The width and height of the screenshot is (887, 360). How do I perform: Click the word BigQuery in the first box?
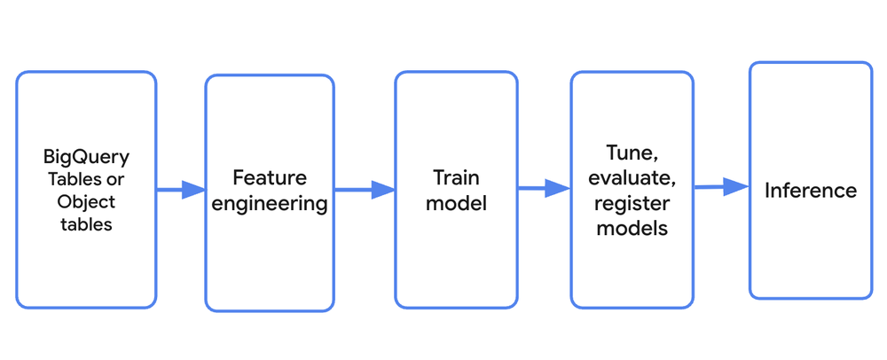[x=86, y=157]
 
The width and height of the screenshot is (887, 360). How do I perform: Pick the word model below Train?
[x=456, y=203]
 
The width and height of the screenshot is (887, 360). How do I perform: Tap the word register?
[x=632, y=202]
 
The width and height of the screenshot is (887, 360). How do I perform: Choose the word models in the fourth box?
[x=632, y=229]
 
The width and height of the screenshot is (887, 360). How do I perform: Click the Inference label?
[x=811, y=190]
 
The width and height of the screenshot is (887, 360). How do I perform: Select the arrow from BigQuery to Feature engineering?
[x=180, y=190]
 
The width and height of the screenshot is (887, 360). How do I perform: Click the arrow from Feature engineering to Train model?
[x=364, y=190]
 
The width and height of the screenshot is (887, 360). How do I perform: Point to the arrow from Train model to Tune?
[x=543, y=188]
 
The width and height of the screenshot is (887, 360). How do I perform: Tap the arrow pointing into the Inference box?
[x=720, y=187]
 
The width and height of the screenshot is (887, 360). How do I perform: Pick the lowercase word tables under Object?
[x=86, y=224]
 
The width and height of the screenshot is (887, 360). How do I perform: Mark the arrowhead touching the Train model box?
[x=383, y=190]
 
